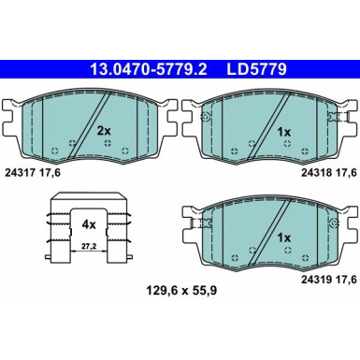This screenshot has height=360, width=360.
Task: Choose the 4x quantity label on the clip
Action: [x=88, y=225]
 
